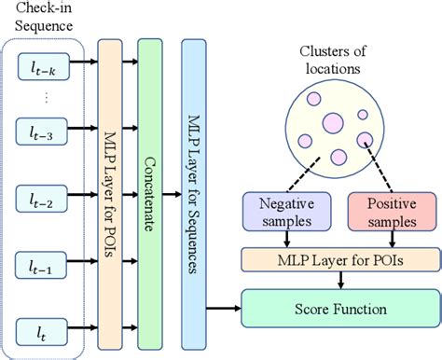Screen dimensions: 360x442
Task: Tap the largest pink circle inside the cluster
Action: point(333,124)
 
